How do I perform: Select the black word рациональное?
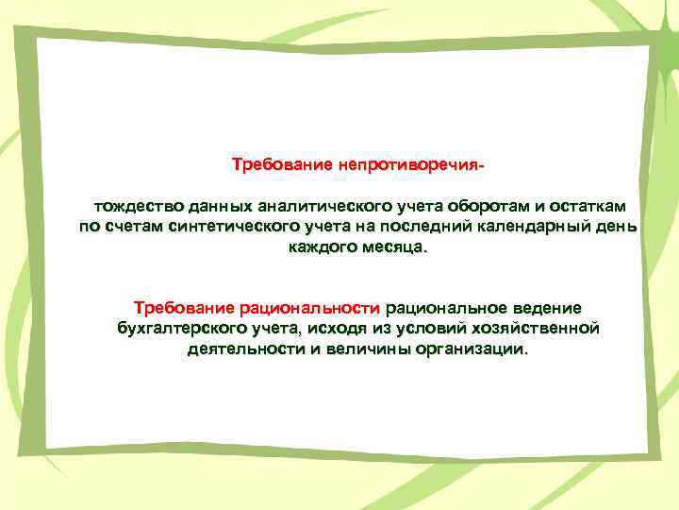click(441, 308)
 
